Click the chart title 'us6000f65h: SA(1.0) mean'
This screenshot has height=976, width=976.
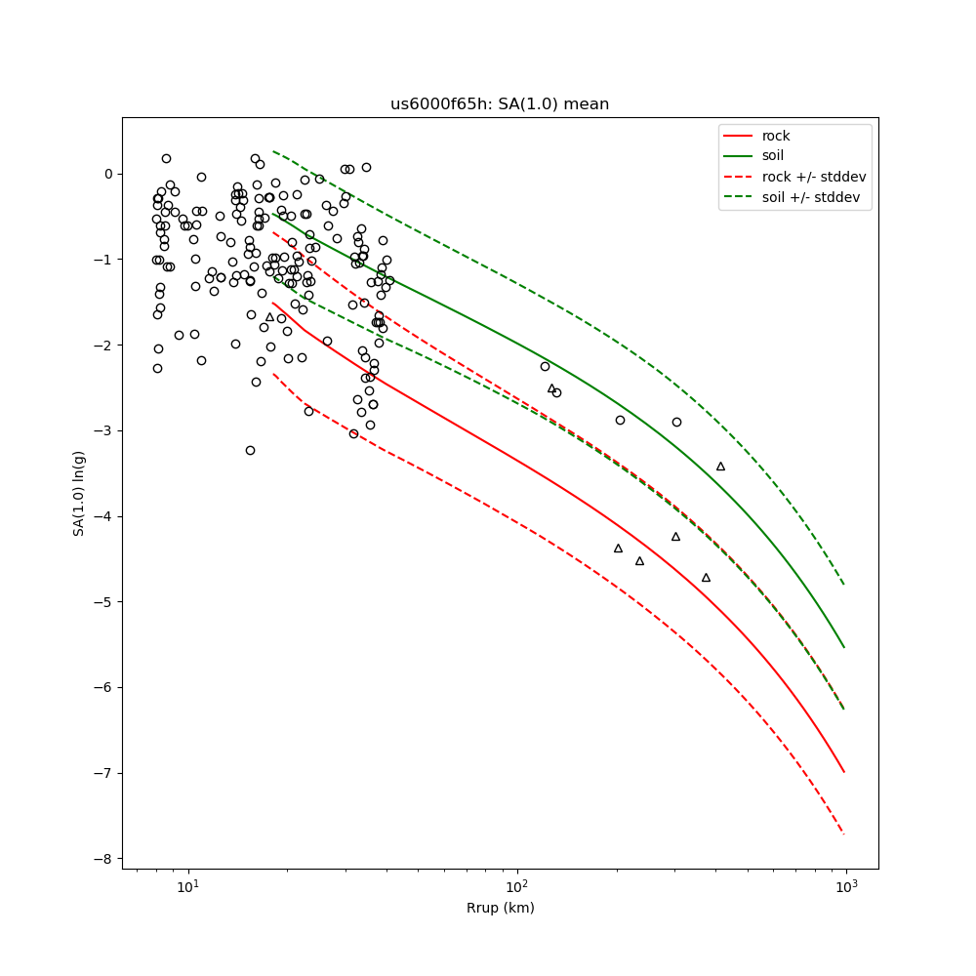tap(500, 104)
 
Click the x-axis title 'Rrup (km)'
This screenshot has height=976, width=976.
tap(500, 909)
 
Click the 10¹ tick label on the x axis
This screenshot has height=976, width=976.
tap(187, 888)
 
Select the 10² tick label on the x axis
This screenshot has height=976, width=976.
tap(517, 888)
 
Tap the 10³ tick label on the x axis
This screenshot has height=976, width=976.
tap(846, 888)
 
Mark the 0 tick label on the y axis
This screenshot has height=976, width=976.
tap(108, 175)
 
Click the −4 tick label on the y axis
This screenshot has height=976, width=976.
tap(103, 516)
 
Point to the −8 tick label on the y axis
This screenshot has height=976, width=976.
tap(103, 859)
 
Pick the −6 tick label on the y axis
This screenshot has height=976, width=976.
tap(103, 688)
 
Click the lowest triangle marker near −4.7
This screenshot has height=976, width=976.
tap(706, 578)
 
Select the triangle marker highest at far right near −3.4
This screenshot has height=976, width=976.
tap(720, 467)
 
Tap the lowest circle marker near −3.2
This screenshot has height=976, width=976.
tap(250, 450)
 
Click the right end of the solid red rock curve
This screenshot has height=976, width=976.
tap(844, 772)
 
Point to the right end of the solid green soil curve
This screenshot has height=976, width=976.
tap(844, 647)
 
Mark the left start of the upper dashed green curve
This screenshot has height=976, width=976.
tap(273, 151)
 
